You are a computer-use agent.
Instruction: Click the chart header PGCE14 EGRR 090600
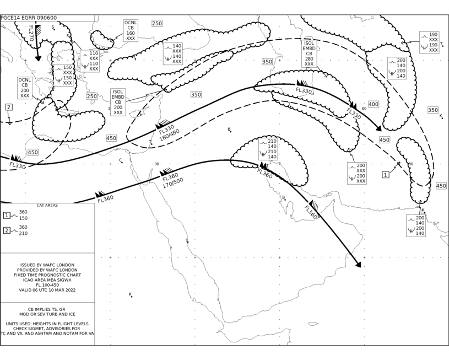click(x=29, y=18)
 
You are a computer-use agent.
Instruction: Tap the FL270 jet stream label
click(x=31, y=33)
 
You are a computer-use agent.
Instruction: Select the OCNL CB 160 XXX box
click(x=131, y=30)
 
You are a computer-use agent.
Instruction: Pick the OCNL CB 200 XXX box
click(x=25, y=88)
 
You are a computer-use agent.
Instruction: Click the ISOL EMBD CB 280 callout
click(x=309, y=53)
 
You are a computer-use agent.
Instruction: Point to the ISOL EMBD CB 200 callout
click(x=118, y=102)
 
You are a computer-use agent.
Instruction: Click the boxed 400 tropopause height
click(x=373, y=104)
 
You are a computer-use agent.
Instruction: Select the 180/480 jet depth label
click(x=170, y=135)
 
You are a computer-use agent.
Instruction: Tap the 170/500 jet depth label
click(x=173, y=184)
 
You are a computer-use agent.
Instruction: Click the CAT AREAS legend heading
click(x=47, y=205)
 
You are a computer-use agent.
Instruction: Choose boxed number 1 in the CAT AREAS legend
click(x=7, y=215)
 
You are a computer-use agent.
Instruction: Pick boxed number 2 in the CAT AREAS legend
click(x=7, y=230)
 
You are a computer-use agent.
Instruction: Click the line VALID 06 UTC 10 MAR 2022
click(x=47, y=290)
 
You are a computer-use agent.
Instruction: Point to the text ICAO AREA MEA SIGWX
click(x=47, y=280)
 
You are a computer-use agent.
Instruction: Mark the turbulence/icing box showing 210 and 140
click(x=268, y=149)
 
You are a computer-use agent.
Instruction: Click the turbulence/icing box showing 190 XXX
click(x=429, y=42)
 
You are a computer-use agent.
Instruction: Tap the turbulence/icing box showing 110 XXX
click(x=90, y=61)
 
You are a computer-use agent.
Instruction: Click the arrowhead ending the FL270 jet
click(x=38, y=58)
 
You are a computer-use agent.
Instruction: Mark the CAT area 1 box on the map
click(x=386, y=175)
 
